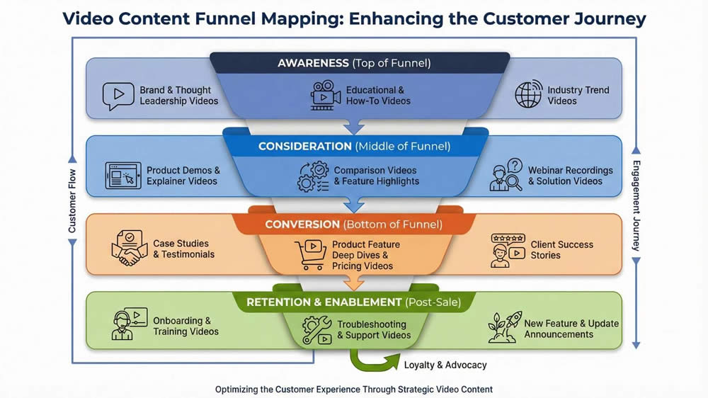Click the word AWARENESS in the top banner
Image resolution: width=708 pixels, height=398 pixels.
[313, 63]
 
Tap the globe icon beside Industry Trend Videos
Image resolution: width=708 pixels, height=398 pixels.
[528, 96]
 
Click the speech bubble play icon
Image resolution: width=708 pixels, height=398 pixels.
[118, 96]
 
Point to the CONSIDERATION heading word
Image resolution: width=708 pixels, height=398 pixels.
[304, 147]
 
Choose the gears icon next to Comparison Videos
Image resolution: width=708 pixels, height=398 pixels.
[313, 176]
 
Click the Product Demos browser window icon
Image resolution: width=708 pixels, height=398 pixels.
[122, 176]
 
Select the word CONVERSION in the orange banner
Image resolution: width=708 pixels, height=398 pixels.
[302, 224]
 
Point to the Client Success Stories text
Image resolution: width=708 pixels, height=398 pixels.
[561, 250]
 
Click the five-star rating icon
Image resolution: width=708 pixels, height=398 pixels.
[508, 239]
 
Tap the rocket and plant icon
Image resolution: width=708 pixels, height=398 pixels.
[504, 328]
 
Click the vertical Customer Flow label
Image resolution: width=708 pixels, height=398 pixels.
[72, 200]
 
